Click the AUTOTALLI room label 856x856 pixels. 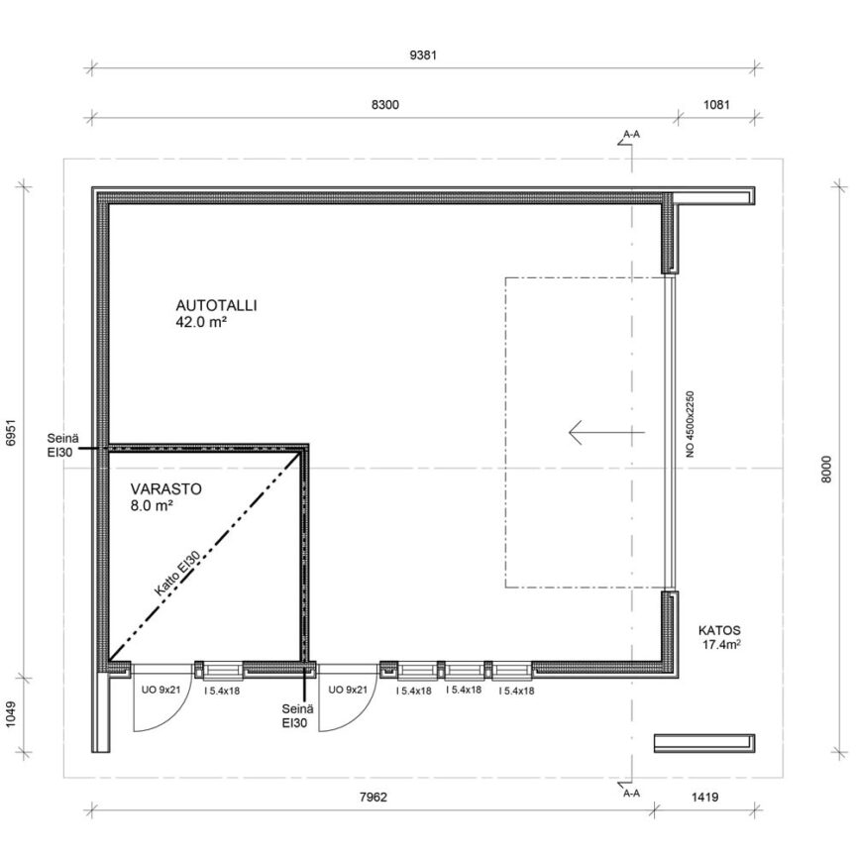[x=216, y=305]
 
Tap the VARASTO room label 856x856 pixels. [x=166, y=488]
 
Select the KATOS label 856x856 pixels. [x=719, y=630]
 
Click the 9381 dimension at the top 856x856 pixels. [x=423, y=55]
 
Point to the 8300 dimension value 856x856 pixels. [x=385, y=104]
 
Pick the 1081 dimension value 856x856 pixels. [x=716, y=104]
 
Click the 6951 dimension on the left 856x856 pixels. [x=12, y=433]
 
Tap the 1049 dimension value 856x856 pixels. [x=12, y=715]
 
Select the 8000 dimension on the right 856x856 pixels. [x=826, y=469]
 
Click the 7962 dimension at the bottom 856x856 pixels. [x=374, y=797]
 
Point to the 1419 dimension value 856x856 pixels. [x=704, y=797]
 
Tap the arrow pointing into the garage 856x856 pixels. [x=606, y=432]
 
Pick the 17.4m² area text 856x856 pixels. [x=721, y=645]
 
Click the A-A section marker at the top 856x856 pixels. [x=631, y=134]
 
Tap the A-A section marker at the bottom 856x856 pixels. [x=631, y=794]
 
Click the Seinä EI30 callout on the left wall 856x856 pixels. [x=62, y=445]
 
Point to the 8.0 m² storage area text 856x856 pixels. [x=152, y=506]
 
